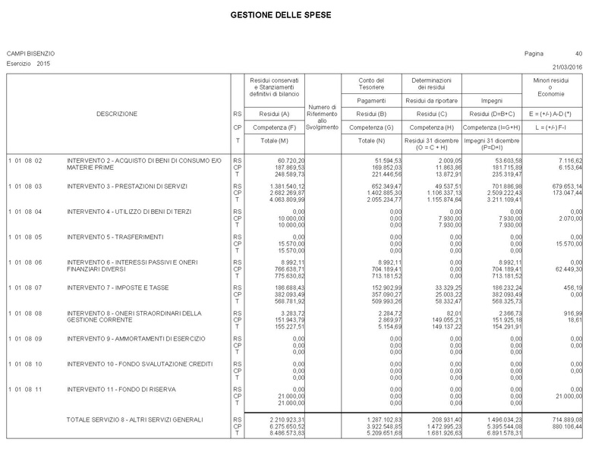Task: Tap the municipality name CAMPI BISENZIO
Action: coord(30,54)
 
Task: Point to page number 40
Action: coord(578,54)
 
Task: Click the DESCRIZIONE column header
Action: coord(117,114)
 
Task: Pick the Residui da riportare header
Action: coord(431,100)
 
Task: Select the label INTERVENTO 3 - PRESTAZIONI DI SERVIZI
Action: coord(126,186)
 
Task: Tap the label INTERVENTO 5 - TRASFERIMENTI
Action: coord(115,237)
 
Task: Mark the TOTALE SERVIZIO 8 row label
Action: coord(135,419)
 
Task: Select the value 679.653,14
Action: coord(564,186)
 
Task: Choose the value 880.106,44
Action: coord(564,426)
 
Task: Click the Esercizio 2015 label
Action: coord(28,64)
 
